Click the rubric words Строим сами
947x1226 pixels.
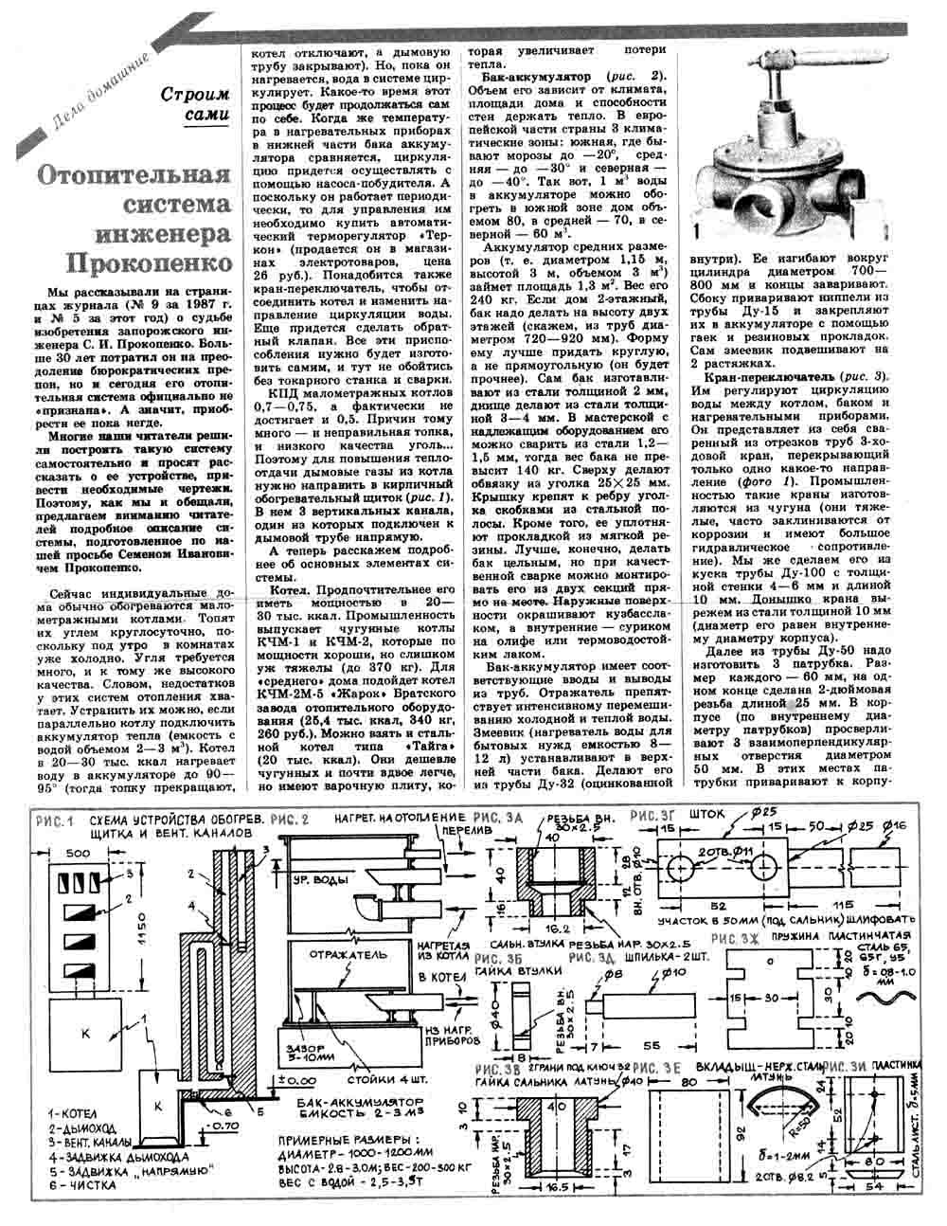[x=195, y=104]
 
